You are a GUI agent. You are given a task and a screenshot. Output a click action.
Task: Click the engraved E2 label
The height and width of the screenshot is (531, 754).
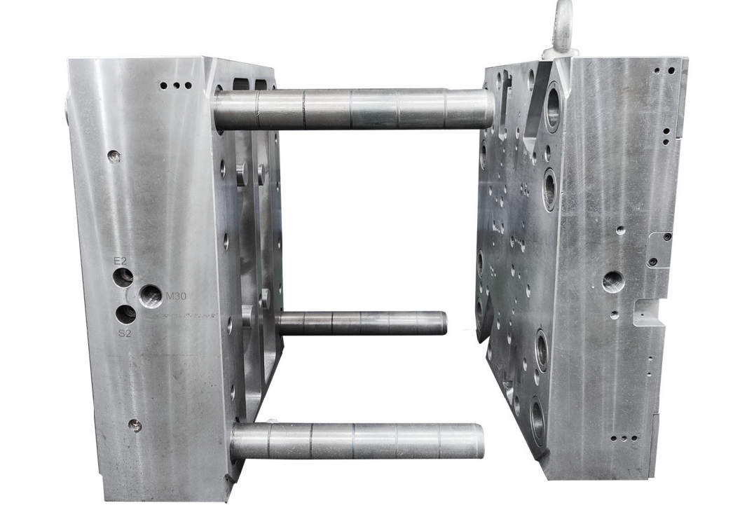click(120, 261)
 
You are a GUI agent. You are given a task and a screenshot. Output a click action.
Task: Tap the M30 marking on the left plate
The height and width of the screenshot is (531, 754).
click(175, 296)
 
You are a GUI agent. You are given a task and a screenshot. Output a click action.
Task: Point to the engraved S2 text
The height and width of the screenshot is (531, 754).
click(125, 333)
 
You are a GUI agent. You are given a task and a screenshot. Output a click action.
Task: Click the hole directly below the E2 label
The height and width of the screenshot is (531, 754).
click(123, 277)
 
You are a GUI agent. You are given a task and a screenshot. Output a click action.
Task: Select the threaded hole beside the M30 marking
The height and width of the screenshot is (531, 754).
click(151, 296)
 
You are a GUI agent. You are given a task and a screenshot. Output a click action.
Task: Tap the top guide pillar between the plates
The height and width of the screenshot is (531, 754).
click(354, 109)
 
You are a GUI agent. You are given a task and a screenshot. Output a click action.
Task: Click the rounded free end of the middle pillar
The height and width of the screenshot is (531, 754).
click(443, 323)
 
